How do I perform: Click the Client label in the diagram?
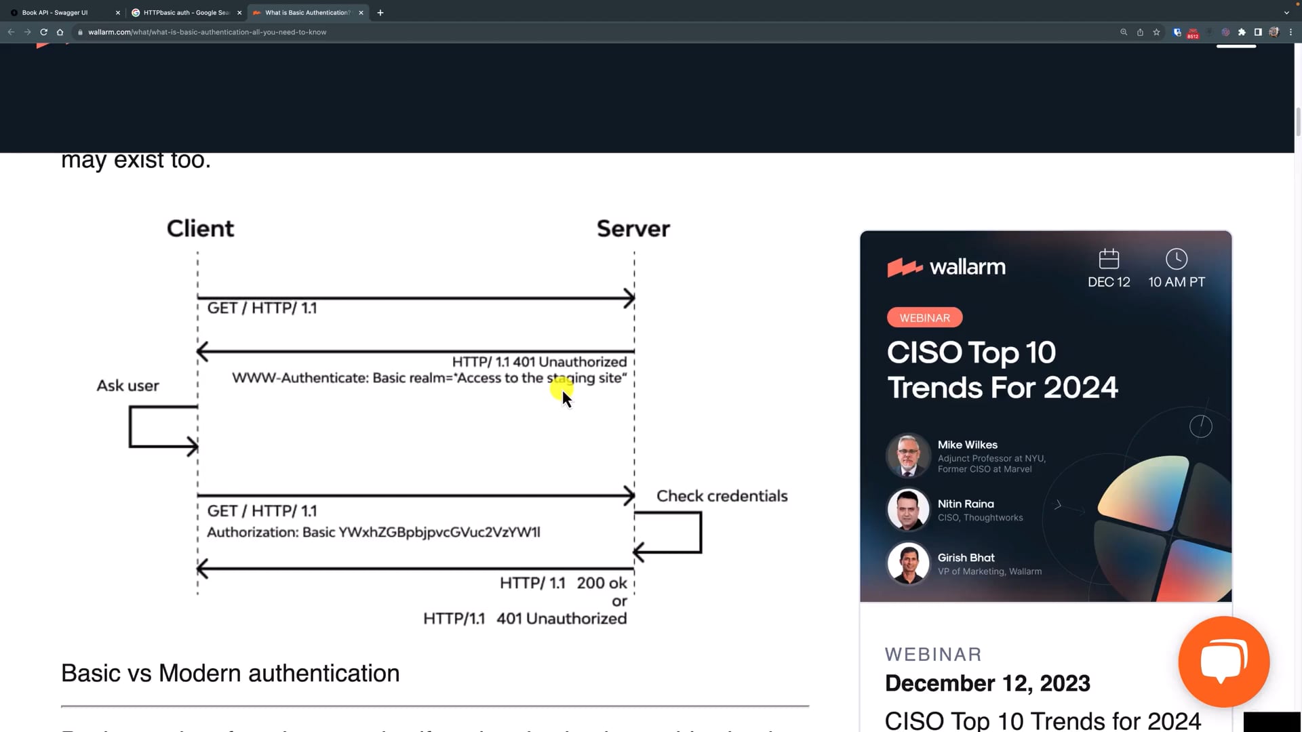[200, 229]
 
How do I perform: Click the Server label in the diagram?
[633, 229]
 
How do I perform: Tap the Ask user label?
[127, 386]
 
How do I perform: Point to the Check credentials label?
[722, 496]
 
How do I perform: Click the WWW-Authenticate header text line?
[429, 378]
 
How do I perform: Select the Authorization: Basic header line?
[373, 533]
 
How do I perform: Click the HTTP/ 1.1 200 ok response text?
[563, 583]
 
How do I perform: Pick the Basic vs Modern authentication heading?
[230, 674]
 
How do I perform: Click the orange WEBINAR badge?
[924, 318]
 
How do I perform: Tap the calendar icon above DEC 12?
[1109, 259]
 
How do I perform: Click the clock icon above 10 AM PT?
[1176, 259]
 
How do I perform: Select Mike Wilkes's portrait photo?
[908, 455]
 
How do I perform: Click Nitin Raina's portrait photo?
[908, 510]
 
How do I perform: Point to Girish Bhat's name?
[966, 558]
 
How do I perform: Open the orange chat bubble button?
[1223, 662]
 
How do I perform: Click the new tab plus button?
[380, 13]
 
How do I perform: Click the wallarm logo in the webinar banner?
[946, 267]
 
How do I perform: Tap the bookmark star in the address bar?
[1156, 32]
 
